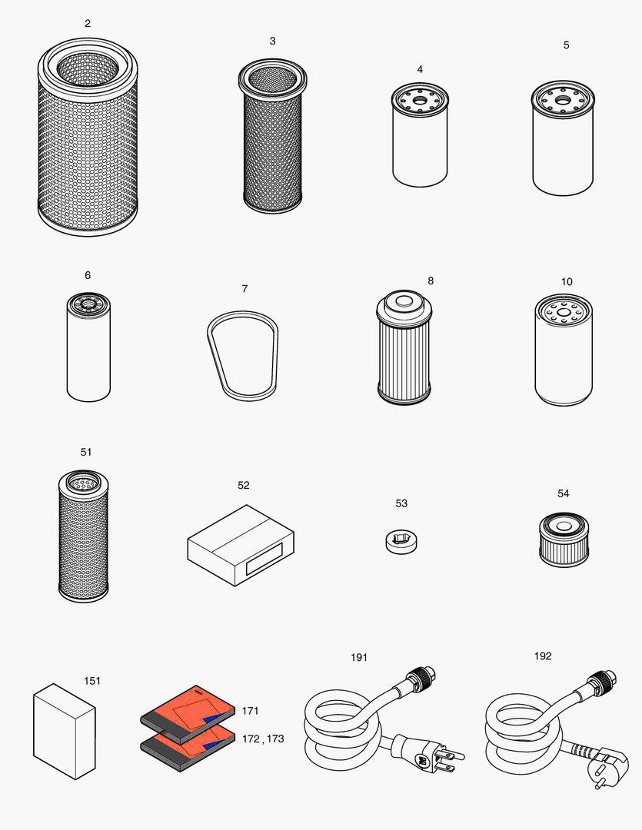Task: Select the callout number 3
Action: pos(272,41)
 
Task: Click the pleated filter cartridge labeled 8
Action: pos(404,350)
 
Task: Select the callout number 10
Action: pos(567,282)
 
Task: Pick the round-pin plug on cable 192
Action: pos(600,765)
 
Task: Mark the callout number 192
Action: pos(542,656)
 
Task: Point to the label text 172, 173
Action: pos(262,739)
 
